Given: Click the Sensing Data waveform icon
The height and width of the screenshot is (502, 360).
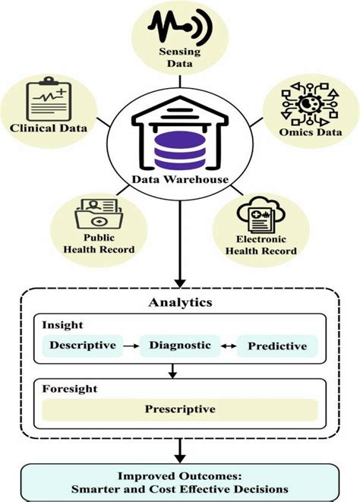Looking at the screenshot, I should (179, 24).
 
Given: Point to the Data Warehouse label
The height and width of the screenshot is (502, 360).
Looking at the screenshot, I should (181, 179).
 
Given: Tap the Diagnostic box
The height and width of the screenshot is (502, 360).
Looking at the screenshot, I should (179, 346).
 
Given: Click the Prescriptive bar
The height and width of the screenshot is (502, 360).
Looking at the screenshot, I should (179, 409).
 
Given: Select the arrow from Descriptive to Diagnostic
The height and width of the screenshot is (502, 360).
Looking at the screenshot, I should (131, 346).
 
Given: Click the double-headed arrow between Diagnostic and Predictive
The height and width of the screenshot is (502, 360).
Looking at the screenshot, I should (229, 346).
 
